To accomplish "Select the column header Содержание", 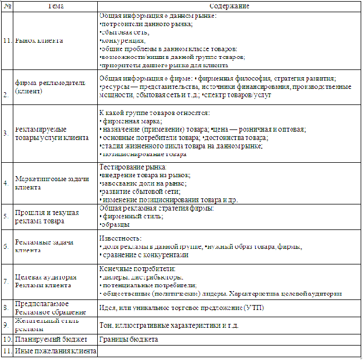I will coord(228,6).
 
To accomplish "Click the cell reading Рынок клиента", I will coord(39,41).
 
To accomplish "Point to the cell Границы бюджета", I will coord(128,339).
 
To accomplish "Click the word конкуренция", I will coord(123,41).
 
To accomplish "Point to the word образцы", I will coord(116,224).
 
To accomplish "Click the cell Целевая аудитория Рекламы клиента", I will coord(44,281).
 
